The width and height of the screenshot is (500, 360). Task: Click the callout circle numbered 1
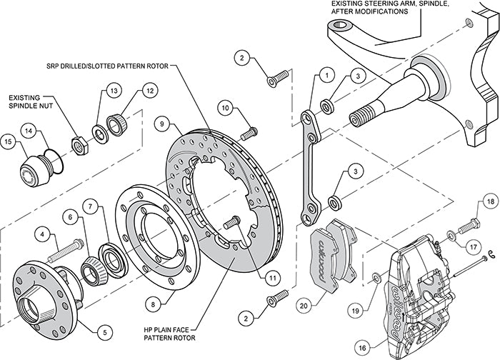coord(325,74)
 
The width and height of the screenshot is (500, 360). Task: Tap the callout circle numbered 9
coord(164,124)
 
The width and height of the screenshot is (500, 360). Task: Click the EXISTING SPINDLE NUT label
coord(31,104)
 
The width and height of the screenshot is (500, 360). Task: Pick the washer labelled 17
coord(451,236)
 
